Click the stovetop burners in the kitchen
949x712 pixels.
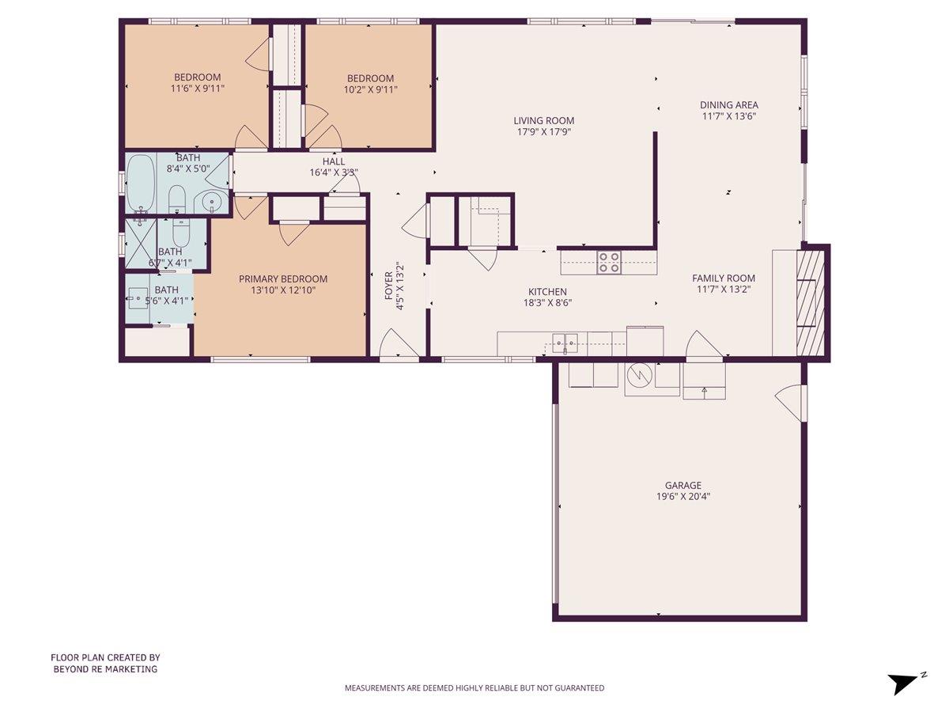608,262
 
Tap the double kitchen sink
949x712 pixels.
565,343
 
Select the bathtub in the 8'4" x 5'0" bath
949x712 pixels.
141,184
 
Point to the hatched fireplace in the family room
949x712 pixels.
811,301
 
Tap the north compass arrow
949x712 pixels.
904,682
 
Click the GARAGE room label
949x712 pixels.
682,486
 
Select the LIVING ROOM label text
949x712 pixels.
543,121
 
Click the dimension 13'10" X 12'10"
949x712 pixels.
283,290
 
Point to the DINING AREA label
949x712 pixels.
728,104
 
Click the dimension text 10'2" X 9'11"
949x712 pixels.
370,89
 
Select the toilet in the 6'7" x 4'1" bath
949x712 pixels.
180,234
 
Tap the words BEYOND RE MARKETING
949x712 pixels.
105,669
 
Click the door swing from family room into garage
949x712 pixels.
703,347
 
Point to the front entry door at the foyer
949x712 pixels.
399,347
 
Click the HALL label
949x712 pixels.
333,161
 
